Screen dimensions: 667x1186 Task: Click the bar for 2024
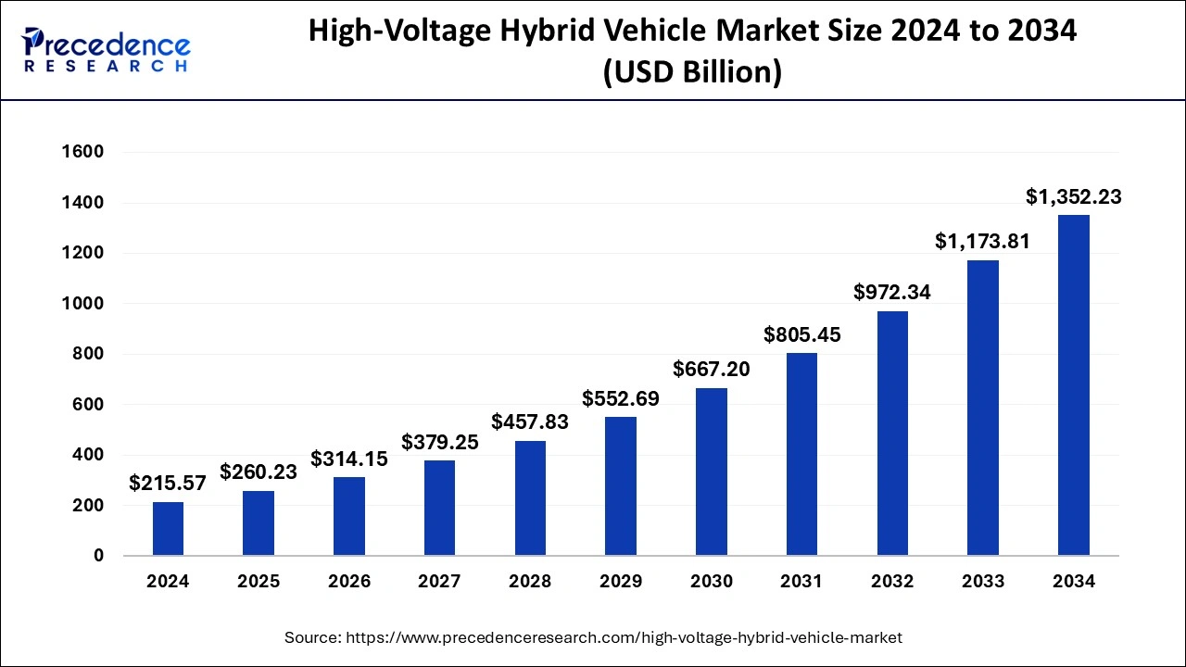pos(168,529)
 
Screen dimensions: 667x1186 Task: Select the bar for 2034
pos(1073,385)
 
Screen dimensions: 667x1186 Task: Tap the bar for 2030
pos(711,472)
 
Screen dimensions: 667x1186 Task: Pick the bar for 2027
pos(439,508)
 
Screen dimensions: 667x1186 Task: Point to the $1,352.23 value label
pos(1073,197)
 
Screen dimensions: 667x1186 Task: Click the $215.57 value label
pos(168,484)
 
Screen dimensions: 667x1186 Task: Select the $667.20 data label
pos(711,370)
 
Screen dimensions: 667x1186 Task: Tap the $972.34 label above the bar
pos(892,293)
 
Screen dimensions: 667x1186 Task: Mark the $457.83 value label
pos(530,422)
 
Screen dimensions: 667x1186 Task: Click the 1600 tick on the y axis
pos(82,152)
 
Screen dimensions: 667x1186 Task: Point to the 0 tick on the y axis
pos(97,556)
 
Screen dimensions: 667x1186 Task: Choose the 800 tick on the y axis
pos(87,354)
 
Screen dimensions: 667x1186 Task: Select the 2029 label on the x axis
pos(621,582)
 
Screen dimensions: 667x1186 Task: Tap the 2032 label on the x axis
pos(892,582)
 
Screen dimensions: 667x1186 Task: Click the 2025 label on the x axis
pos(259,582)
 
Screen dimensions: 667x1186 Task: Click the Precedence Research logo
pos(107,50)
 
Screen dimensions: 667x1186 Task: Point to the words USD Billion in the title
pos(692,71)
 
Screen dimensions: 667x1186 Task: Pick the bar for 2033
pos(982,408)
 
